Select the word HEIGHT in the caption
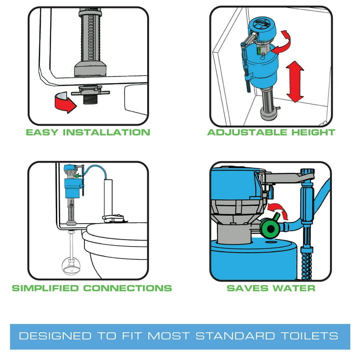point(312,132)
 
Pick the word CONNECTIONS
point(127,288)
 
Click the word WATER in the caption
point(294,288)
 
